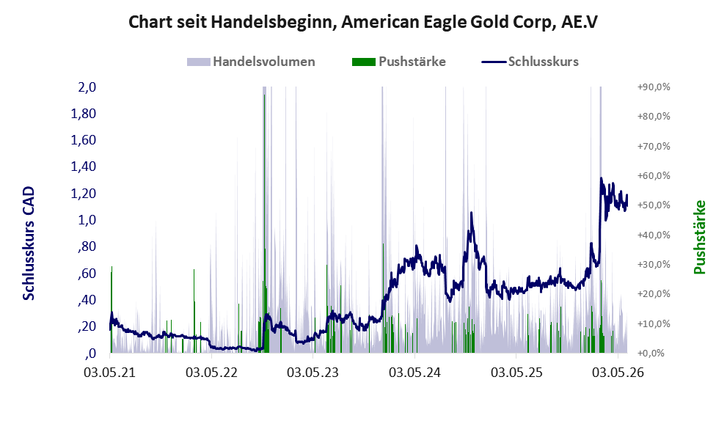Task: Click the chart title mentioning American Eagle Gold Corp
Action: (x=363, y=22)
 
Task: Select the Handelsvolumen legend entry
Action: (x=251, y=62)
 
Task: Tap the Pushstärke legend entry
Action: (x=399, y=62)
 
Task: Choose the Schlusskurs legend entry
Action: (x=530, y=62)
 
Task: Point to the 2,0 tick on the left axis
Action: (x=87, y=87)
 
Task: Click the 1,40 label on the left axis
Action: (x=83, y=166)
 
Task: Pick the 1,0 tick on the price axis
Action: (x=87, y=220)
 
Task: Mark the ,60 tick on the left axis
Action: (x=87, y=273)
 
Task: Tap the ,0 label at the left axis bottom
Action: (x=90, y=354)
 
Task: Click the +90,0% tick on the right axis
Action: (x=654, y=87)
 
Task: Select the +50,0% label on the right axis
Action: (x=654, y=205)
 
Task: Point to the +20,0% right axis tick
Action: (x=654, y=294)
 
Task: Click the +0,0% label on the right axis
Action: (x=651, y=354)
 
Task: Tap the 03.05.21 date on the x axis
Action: (x=109, y=373)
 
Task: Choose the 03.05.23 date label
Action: (x=313, y=373)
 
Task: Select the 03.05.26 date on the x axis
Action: (x=618, y=373)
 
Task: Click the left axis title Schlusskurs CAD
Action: (x=29, y=244)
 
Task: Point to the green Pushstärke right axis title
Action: (x=699, y=238)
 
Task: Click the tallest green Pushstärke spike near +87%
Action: (x=264, y=222)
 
